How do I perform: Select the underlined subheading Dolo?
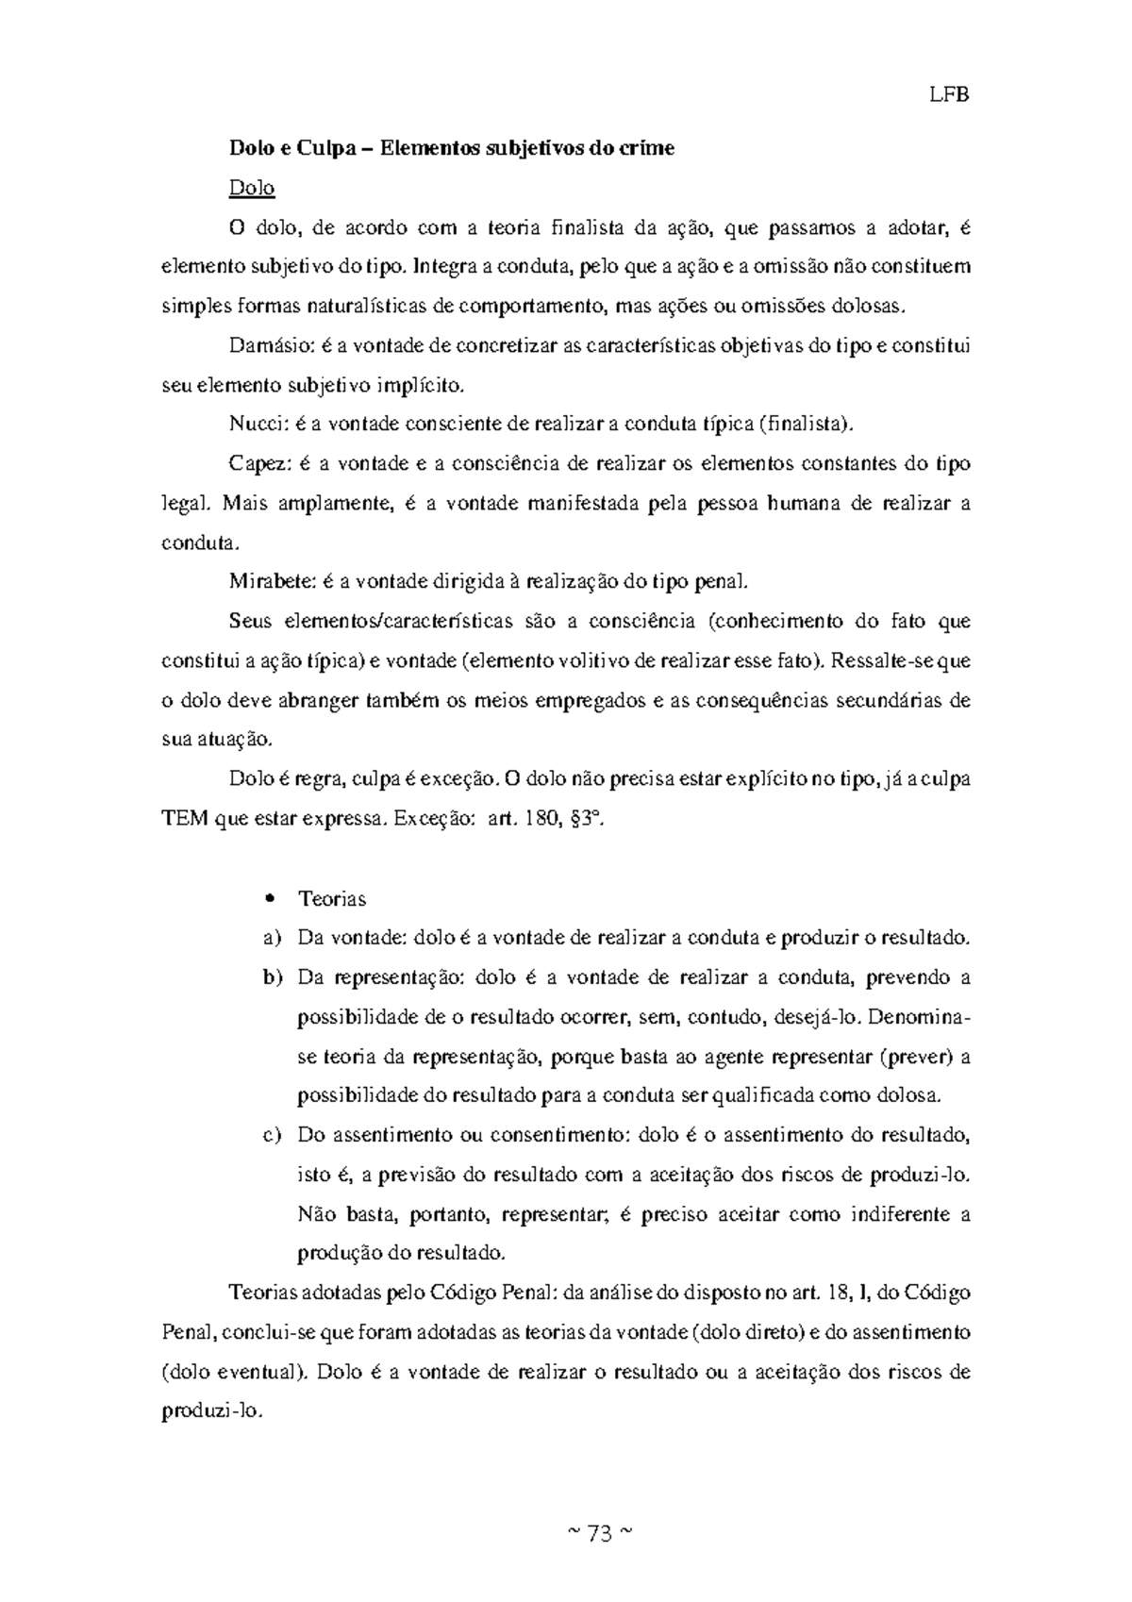(252, 188)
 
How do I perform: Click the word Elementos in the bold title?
(423, 148)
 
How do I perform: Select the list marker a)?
(272, 938)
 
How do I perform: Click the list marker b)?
(272, 977)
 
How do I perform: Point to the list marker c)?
(272, 1135)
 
